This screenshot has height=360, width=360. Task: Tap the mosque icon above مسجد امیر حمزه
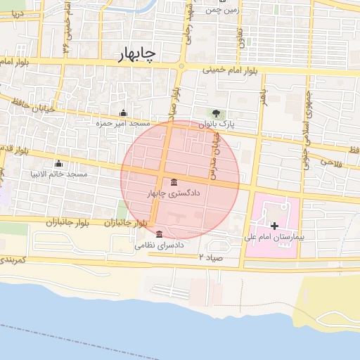point(124,112)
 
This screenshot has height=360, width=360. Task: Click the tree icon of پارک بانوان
point(216,113)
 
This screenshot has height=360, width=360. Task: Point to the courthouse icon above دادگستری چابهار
point(174,183)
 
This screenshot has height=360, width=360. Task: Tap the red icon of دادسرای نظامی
point(159,234)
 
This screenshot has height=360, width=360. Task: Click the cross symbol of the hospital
point(274,226)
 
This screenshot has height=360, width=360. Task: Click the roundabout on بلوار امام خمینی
point(181,67)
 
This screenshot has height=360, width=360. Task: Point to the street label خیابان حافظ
point(27,105)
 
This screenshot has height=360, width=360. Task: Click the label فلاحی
point(330,162)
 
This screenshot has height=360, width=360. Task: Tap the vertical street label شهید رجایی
point(189,21)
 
